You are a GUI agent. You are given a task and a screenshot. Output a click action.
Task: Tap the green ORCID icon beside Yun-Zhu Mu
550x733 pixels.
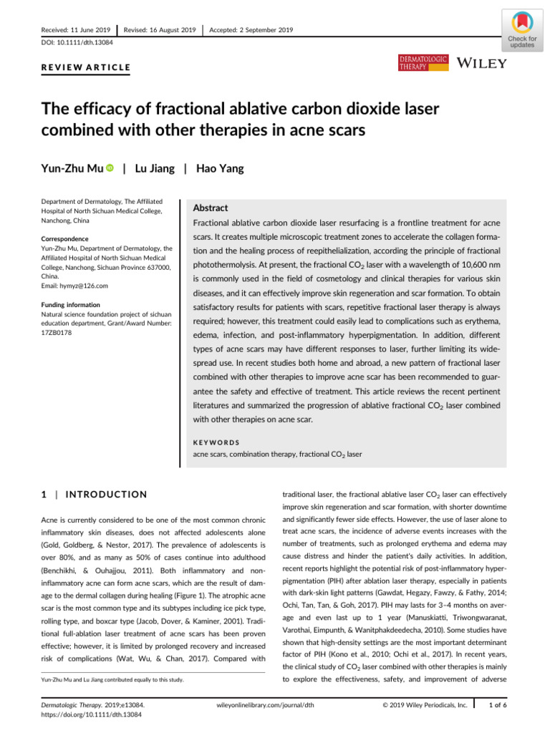[x=110, y=169]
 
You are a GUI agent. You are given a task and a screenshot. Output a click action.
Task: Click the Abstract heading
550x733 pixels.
[x=211, y=208]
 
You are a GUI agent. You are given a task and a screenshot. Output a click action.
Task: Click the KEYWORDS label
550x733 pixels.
[x=218, y=442]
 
